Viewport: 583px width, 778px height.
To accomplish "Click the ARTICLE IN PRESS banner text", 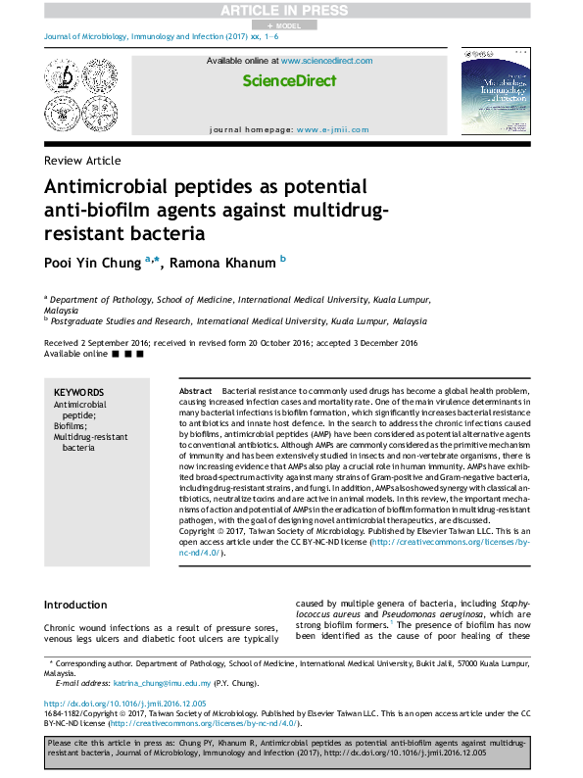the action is (x=291, y=11).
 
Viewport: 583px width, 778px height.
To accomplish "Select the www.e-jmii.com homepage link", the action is (x=333, y=129).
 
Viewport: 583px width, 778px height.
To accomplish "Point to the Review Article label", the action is (x=83, y=160).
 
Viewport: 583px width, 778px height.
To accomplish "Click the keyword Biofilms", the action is (x=71, y=426).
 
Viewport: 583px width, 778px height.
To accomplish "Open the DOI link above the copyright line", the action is (x=121, y=703).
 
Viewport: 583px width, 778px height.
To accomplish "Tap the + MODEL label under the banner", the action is (x=291, y=24).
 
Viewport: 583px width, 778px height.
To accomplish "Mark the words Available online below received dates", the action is (x=76, y=353).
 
